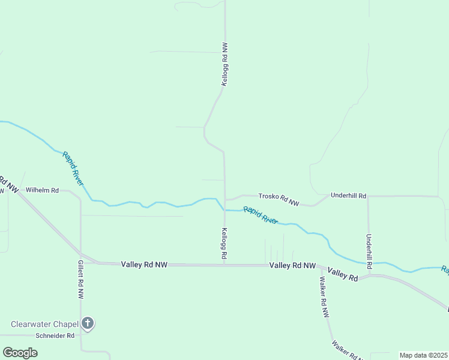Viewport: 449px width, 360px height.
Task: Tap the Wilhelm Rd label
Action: pos(42,190)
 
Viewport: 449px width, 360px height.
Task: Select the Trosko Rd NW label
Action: pos(279,199)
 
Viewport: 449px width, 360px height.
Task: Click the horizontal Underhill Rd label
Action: pos(348,196)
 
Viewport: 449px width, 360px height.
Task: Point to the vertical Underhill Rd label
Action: pos(369,251)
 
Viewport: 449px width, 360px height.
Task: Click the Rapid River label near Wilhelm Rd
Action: pos(73,169)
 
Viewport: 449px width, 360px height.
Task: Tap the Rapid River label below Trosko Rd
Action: pos(261,215)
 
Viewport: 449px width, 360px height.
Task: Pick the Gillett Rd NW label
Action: pos(80,280)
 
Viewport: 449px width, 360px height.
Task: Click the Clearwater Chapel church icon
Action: pos(88,324)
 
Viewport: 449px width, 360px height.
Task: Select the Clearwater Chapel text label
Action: pos(45,324)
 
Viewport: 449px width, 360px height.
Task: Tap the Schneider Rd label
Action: pos(55,336)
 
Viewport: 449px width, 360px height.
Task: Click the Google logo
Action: pos(20,353)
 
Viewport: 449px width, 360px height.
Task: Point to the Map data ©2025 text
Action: pos(423,355)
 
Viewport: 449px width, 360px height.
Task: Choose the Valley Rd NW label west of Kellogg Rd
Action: pos(144,264)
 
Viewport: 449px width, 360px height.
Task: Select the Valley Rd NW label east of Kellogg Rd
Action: pos(292,265)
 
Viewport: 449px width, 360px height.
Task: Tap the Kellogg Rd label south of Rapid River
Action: pos(224,244)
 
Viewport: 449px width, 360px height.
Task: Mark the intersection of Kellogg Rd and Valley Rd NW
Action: pos(224,264)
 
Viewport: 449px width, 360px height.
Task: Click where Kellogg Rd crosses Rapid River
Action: pos(224,210)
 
